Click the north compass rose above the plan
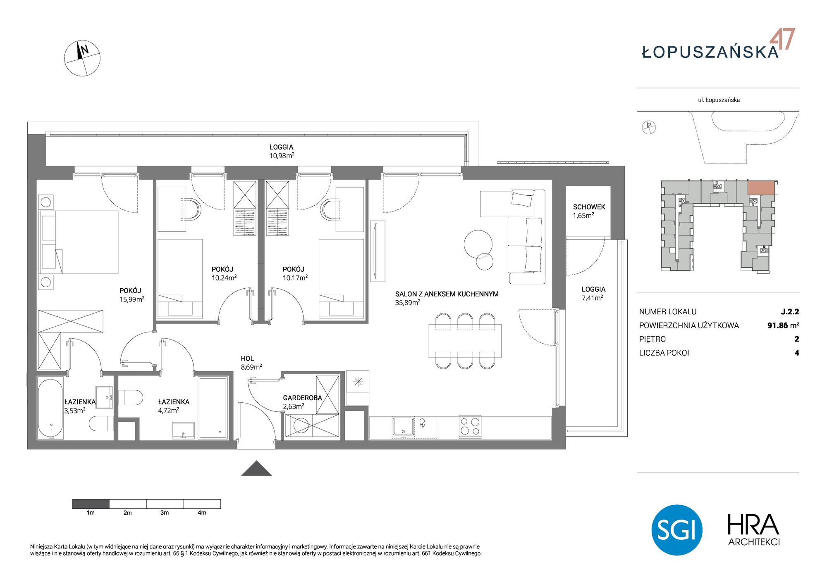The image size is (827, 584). point(82,58)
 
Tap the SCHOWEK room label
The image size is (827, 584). point(589,207)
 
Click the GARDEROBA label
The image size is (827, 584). point(302,398)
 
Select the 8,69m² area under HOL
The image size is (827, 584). point(251,367)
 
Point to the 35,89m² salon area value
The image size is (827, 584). point(408,302)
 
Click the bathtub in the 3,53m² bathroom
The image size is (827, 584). point(50,408)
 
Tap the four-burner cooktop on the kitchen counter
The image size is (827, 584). point(470,427)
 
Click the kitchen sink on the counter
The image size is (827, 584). point(403,427)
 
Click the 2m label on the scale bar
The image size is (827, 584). point(127,513)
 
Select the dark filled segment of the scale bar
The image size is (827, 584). point(91,504)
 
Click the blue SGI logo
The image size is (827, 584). point(677,530)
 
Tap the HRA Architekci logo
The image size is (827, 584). point(753,530)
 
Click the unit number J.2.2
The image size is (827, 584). point(790,312)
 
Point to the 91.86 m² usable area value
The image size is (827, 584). point(783,325)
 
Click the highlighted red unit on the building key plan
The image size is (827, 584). point(761,188)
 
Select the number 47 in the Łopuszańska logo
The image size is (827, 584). point(782,39)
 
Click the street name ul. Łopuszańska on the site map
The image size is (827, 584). point(719,100)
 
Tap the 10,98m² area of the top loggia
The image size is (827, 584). point(282,156)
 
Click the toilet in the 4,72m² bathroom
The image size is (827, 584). point(130,397)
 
